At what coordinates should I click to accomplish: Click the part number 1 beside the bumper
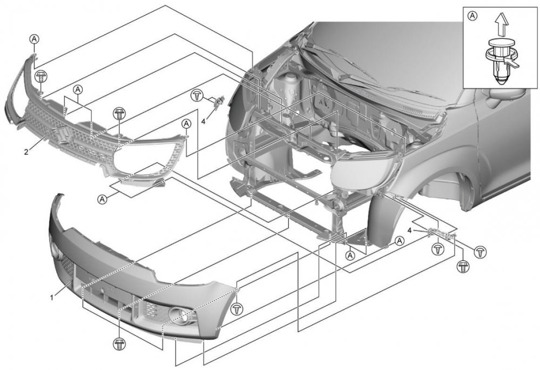click(x=52, y=298)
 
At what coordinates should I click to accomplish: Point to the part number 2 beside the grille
click(x=26, y=151)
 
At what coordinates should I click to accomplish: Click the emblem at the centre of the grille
click(x=61, y=135)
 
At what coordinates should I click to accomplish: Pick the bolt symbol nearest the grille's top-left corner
click(x=41, y=76)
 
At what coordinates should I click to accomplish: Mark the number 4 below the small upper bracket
click(x=203, y=121)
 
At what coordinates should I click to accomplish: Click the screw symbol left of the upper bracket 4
click(x=198, y=96)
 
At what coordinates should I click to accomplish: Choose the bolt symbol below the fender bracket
click(x=462, y=266)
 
